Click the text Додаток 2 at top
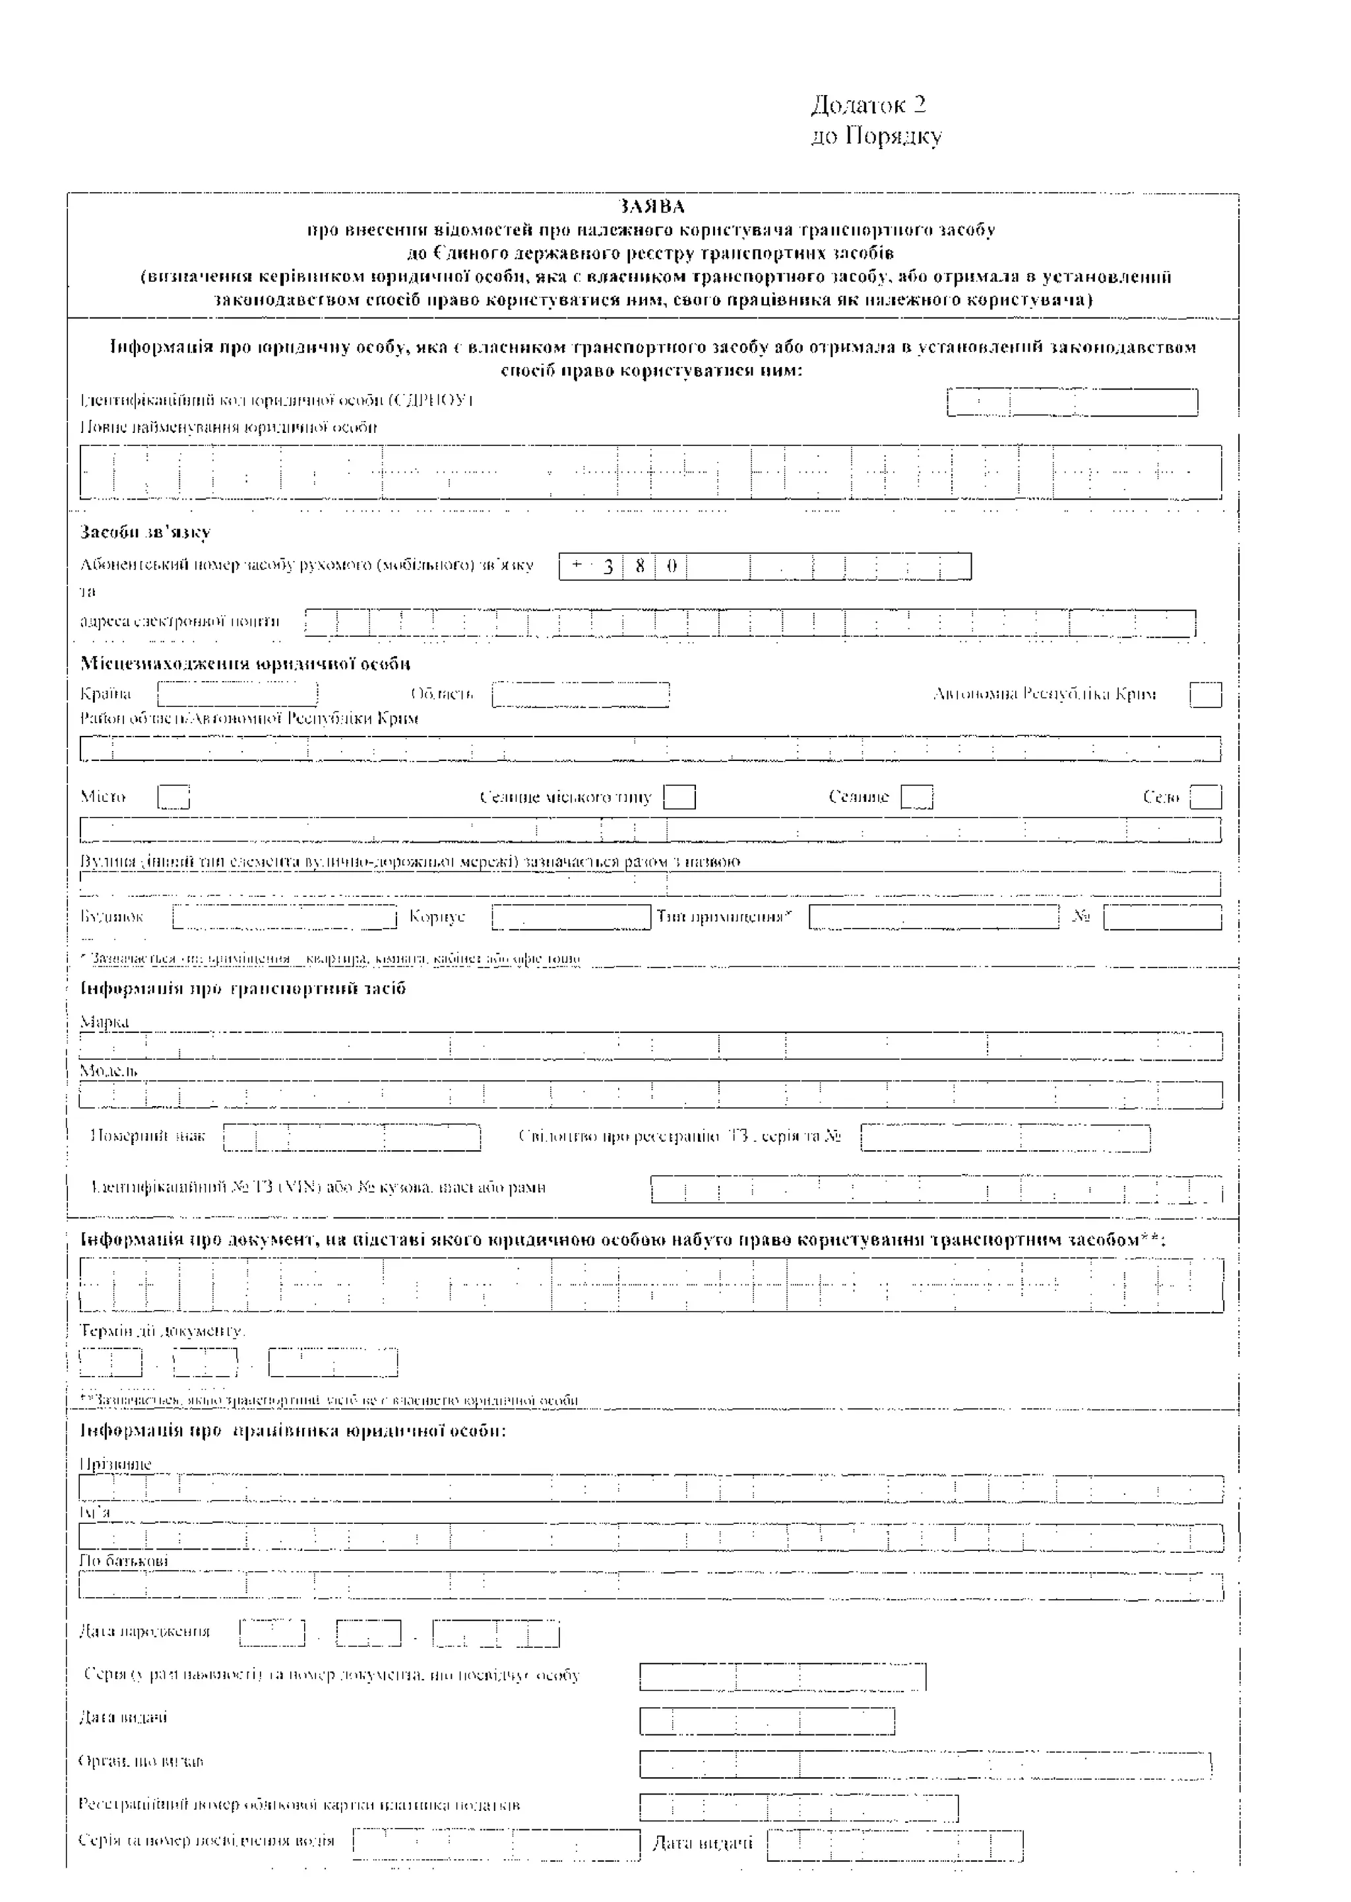click(869, 105)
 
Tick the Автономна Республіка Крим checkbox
click(1205, 695)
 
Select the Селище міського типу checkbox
click(679, 797)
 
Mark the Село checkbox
click(1205, 797)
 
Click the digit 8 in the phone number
click(640, 567)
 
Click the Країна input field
click(238, 694)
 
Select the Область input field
click(581, 694)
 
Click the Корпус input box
click(571, 917)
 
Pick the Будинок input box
click(284, 917)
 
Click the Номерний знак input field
click(352, 1137)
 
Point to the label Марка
click(104, 1022)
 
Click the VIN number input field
click(936, 1190)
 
